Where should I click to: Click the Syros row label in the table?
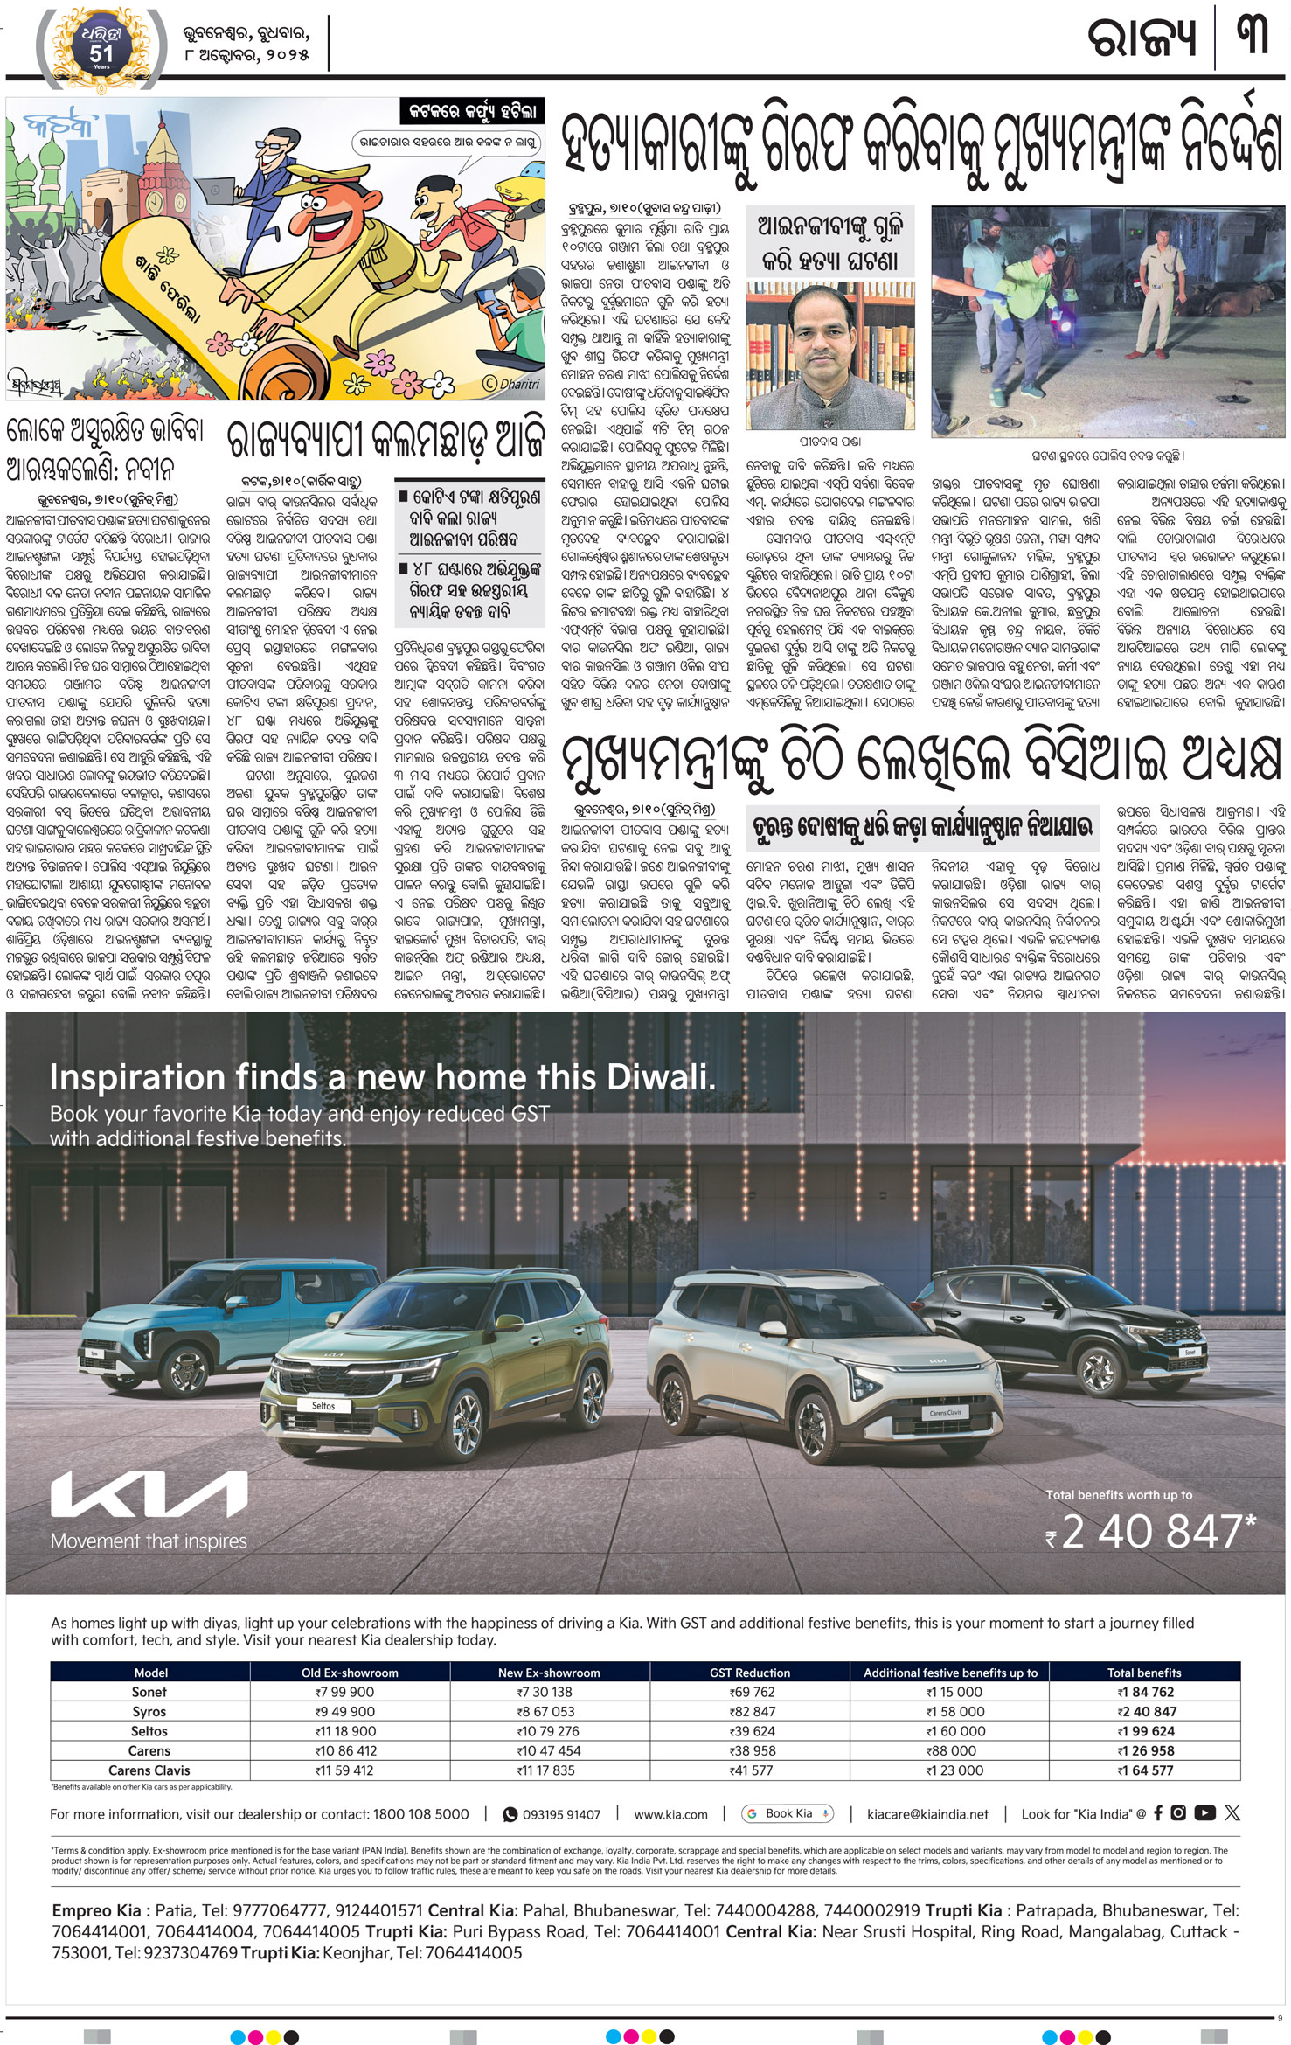point(149,1711)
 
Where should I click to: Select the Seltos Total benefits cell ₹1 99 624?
point(1145,1730)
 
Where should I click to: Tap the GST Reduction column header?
point(749,1672)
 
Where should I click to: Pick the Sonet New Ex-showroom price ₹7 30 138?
point(549,1692)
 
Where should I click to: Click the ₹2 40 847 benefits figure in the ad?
point(1152,1532)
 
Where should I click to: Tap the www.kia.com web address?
point(670,1814)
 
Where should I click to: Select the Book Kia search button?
point(788,1813)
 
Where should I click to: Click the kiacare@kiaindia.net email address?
point(927,1814)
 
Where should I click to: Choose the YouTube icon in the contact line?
point(1204,1812)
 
